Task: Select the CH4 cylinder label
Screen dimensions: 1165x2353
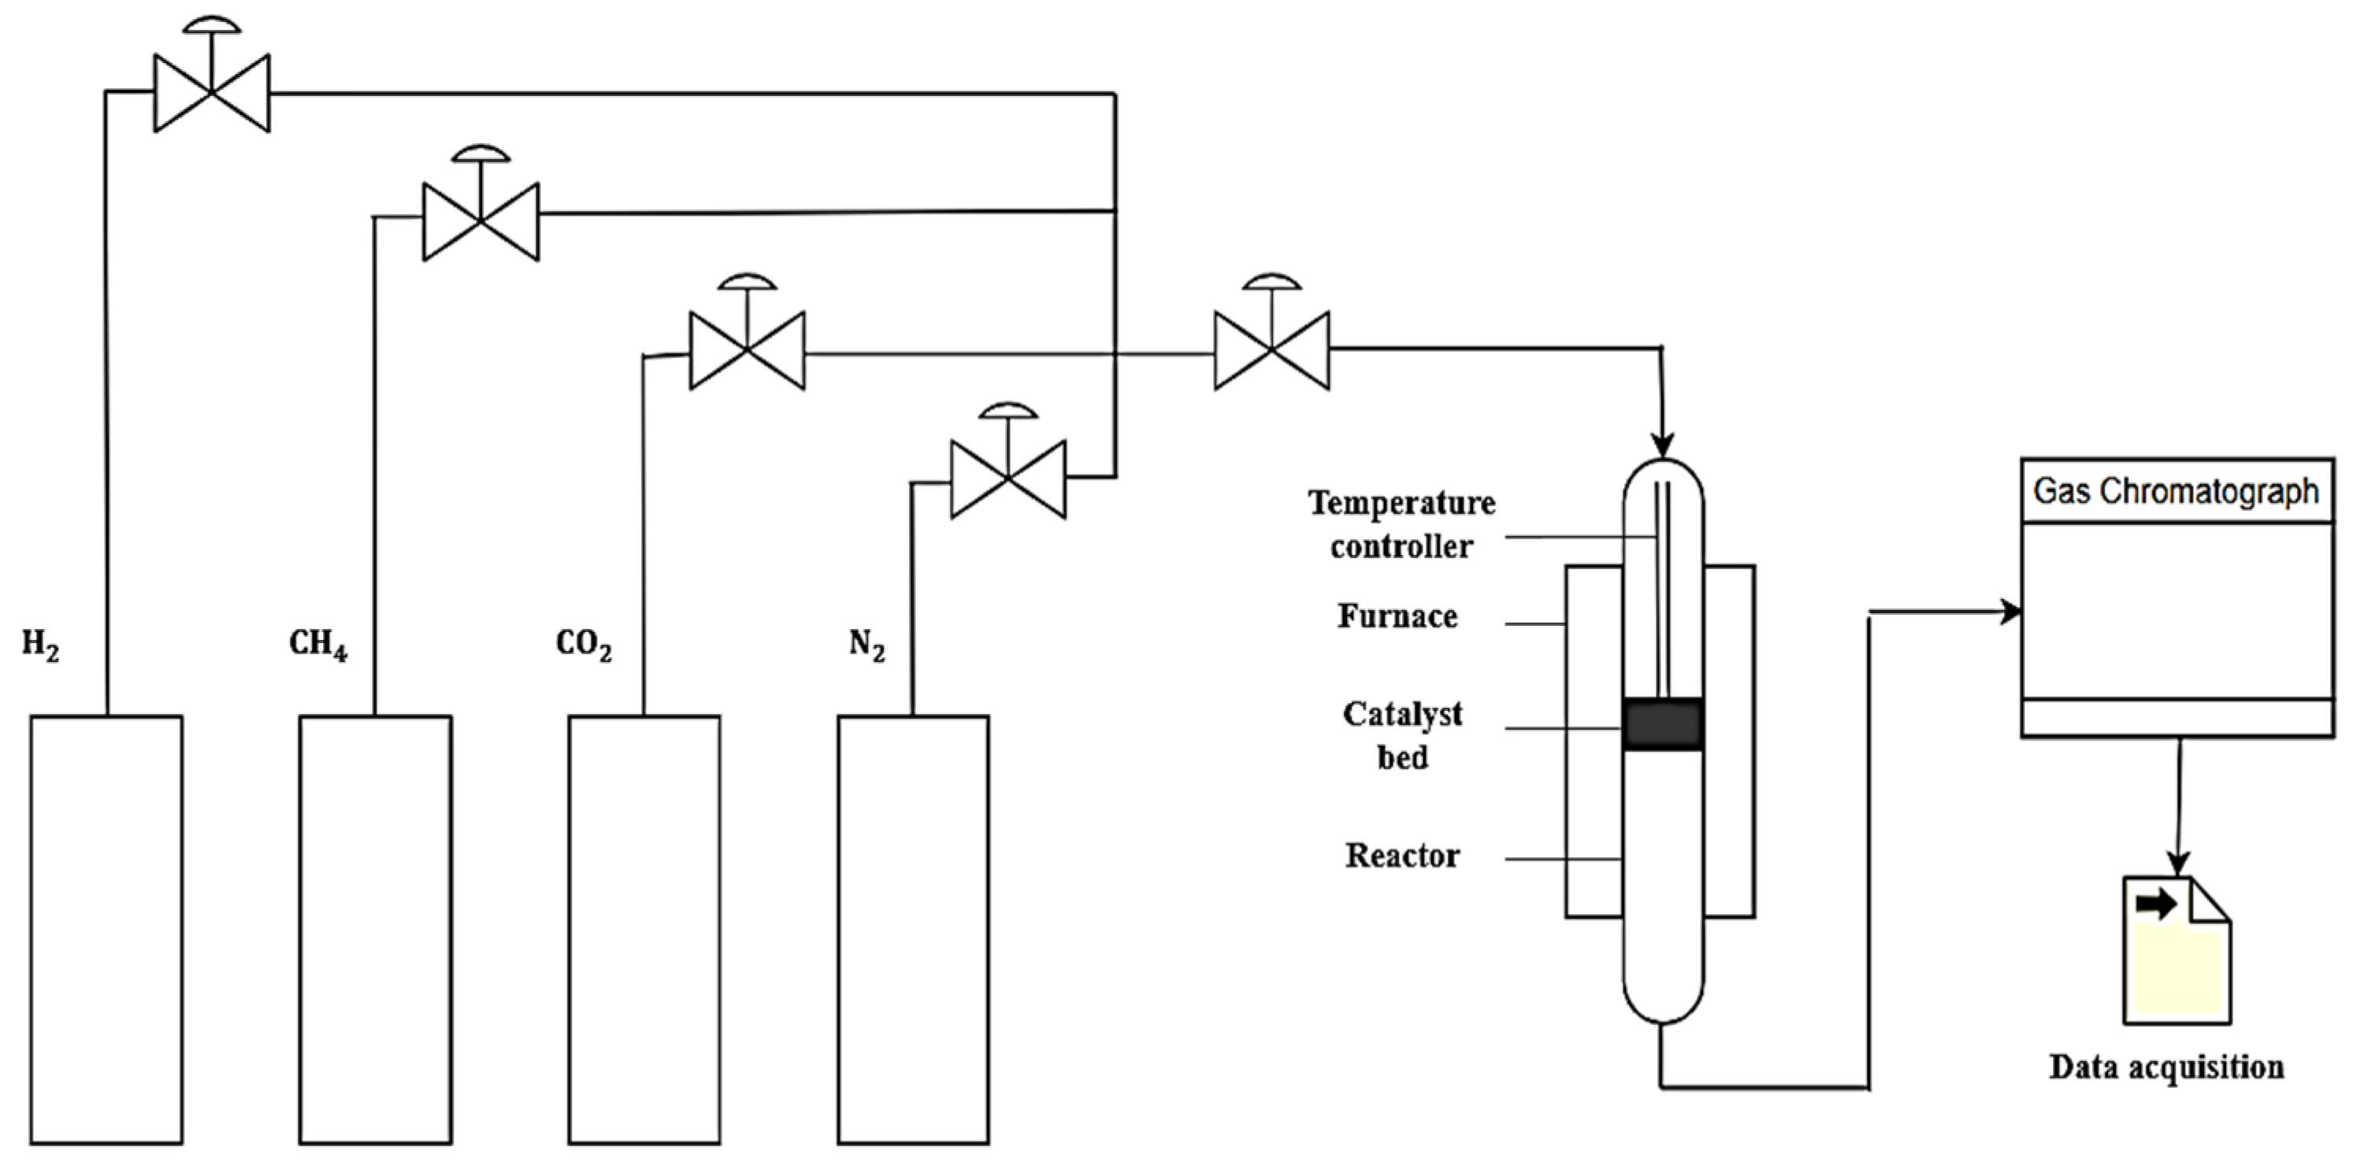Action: pos(317,645)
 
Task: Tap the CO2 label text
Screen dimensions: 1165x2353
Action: pos(583,645)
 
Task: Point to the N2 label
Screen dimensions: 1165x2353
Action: pos(866,645)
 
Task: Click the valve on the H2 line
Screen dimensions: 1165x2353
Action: pos(212,92)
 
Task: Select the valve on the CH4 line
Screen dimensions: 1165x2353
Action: pos(481,221)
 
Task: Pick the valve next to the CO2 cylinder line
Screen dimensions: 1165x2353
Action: pos(748,350)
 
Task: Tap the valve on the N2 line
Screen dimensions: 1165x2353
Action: pos(1008,479)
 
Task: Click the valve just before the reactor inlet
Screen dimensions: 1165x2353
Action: pos(1271,350)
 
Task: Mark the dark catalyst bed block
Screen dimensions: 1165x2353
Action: pos(1662,725)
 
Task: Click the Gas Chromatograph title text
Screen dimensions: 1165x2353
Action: pos(2176,492)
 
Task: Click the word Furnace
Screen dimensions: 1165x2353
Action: pos(1397,616)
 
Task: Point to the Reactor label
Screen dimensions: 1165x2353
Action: pos(1402,856)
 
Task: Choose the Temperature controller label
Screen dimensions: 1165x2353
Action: pos(1401,524)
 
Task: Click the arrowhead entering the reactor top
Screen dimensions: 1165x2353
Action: pos(1662,445)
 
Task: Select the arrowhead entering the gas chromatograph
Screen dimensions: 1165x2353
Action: pos(2010,611)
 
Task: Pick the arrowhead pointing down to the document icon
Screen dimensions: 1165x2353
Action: pos(2179,863)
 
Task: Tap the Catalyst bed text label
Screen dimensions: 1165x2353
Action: pos(1402,735)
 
